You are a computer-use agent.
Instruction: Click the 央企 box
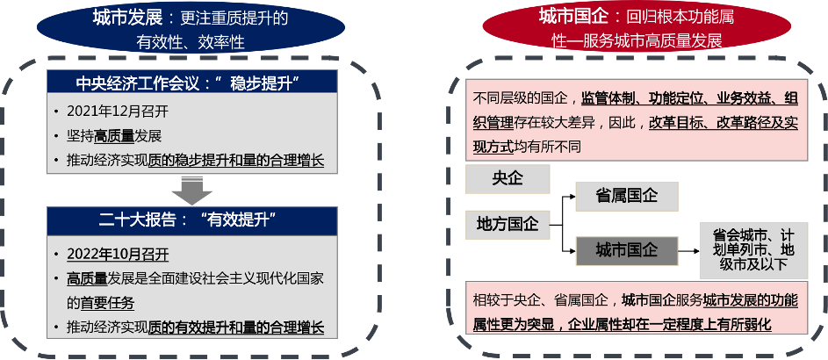pos(508,179)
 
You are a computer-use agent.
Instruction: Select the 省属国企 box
pos(626,196)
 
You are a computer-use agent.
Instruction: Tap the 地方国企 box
pos(508,224)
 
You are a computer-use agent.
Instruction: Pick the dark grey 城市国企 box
pos(626,251)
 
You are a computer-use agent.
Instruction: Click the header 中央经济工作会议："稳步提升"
pos(192,83)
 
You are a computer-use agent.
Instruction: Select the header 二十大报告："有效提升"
pos(192,220)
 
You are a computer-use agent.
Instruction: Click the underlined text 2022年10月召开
pos(118,255)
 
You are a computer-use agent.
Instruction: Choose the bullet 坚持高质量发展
pos(114,136)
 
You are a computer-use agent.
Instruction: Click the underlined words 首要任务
pos(108,303)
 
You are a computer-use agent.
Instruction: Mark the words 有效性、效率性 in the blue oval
pos(190,41)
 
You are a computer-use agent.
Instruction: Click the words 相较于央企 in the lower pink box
pos(508,300)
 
